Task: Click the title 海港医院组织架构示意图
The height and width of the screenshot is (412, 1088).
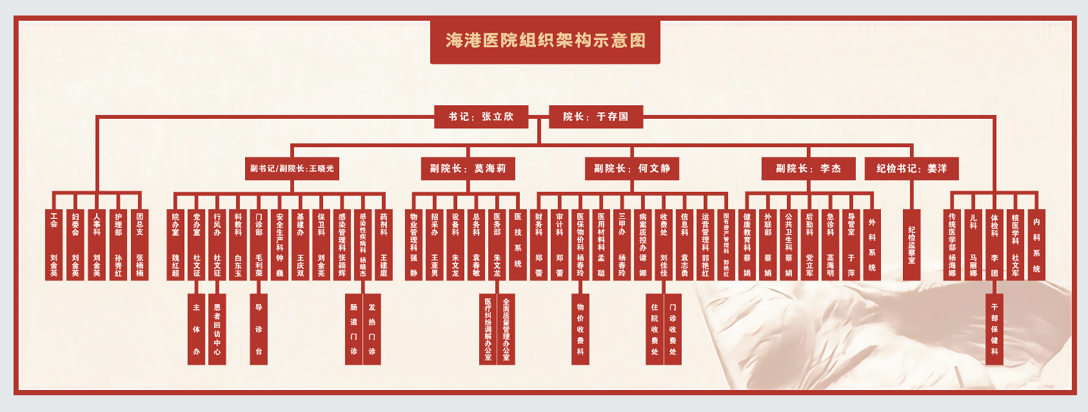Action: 545,41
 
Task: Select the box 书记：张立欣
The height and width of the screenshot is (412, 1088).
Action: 481,117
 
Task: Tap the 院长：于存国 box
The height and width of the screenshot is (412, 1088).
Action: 596,117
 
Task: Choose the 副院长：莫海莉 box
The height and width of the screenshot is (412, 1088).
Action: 468,169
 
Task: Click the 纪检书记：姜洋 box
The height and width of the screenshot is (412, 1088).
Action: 911,169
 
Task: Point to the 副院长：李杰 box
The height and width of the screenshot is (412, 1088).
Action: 808,169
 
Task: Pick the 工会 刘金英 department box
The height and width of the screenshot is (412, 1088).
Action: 54,245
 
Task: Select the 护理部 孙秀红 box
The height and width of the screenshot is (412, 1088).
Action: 118,245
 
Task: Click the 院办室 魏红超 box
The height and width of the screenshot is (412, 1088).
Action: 175,245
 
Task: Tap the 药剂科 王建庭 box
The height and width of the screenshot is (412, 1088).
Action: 384,245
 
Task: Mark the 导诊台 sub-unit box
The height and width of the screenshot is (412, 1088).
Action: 259,329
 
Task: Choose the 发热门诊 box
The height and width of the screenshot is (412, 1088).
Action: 372,329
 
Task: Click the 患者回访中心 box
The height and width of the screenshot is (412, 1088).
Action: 217,329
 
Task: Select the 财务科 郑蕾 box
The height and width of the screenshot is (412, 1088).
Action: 539,245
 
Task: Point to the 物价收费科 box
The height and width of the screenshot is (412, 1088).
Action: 580,329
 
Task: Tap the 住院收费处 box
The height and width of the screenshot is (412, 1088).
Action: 655,329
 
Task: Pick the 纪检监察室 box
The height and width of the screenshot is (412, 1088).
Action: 911,245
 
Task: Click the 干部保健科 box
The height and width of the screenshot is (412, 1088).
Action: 994,329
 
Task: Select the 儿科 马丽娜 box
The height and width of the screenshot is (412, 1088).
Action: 973,245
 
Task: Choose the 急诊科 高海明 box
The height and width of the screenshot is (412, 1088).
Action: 830,245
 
